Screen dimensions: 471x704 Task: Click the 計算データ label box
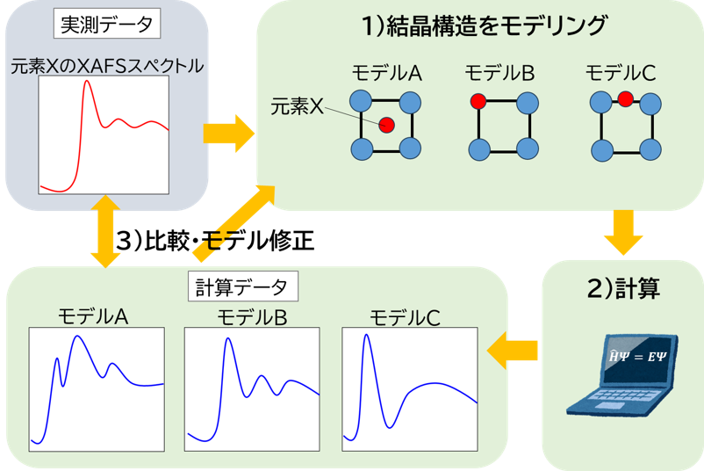[243, 286]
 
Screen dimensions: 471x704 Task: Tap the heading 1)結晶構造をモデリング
[485, 26]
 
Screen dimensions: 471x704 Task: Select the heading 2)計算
[622, 289]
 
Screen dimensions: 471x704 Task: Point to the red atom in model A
[386, 126]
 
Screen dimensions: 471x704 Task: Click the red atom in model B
[478, 102]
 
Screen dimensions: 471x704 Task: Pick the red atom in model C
[625, 98]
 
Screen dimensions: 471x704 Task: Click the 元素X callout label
[299, 109]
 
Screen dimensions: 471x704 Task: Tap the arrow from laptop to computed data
[512, 351]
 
